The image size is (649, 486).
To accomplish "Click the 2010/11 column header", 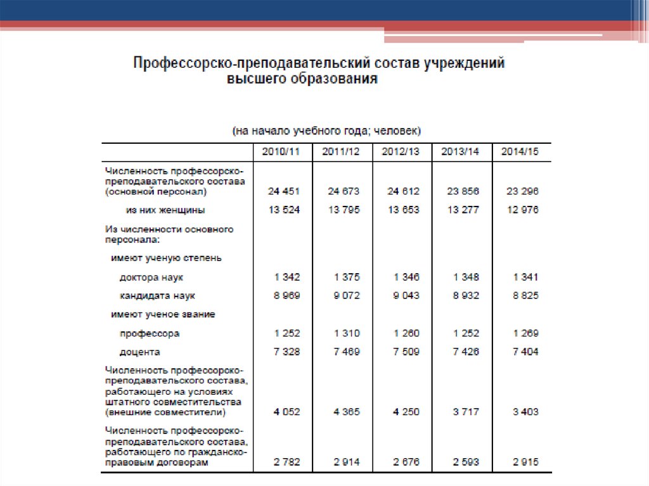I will tap(283, 152).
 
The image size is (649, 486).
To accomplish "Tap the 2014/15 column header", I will tap(520, 152).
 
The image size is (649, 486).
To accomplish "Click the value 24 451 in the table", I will tap(283, 191).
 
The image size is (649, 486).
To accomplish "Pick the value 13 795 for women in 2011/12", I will tap(344, 210).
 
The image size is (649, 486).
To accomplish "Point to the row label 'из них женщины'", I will tap(165, 210).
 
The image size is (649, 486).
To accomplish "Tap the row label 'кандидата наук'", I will tap(157, 295).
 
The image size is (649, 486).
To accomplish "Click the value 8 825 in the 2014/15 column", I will tap(522, 295).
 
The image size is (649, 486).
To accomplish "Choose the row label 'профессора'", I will tap(150, 333).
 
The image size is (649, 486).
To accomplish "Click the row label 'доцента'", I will tap(139, 352).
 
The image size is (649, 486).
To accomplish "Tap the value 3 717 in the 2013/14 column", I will tap(466, 411).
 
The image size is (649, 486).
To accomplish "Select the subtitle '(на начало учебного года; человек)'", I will tap(326, 131).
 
